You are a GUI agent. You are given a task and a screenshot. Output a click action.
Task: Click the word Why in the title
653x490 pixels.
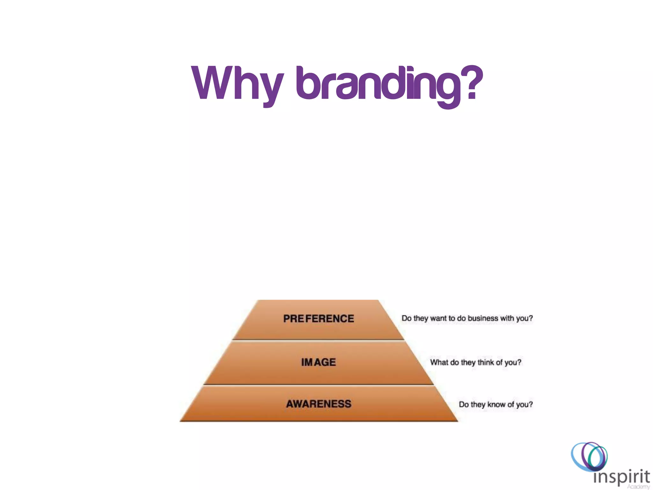tap(238, 84)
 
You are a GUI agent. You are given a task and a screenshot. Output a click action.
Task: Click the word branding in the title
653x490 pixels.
tap(378, 85)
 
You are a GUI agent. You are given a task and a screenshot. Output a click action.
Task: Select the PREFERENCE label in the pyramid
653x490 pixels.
tap(319, 318)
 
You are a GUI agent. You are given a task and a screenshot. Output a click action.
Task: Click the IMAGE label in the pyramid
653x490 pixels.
tap(319, 362)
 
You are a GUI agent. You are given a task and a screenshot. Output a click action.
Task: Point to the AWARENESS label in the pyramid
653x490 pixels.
tap(319, 404)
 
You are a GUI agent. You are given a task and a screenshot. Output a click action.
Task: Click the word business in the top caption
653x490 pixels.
tap(483, 318)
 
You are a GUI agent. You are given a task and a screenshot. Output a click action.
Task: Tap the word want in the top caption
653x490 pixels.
tap(439, 318)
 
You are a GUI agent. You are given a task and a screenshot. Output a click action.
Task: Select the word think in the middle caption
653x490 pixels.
tap(485, 362)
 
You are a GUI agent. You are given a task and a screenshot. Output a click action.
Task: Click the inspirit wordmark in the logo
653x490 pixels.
tap(621, 477)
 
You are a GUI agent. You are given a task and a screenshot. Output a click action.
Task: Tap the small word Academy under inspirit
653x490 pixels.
tap(638, 487)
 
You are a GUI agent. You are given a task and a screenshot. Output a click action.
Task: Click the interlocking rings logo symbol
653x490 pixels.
tap(589, 456)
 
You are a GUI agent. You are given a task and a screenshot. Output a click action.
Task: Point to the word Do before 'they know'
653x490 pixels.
tap(464, 405)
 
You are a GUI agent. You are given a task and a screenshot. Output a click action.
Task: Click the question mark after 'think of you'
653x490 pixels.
tap(519, 362)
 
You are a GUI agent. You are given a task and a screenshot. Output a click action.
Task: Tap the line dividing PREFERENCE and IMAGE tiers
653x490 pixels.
tap(319, 340)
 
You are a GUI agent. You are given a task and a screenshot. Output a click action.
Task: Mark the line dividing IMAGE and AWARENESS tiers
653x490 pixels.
tap(319, 385)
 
